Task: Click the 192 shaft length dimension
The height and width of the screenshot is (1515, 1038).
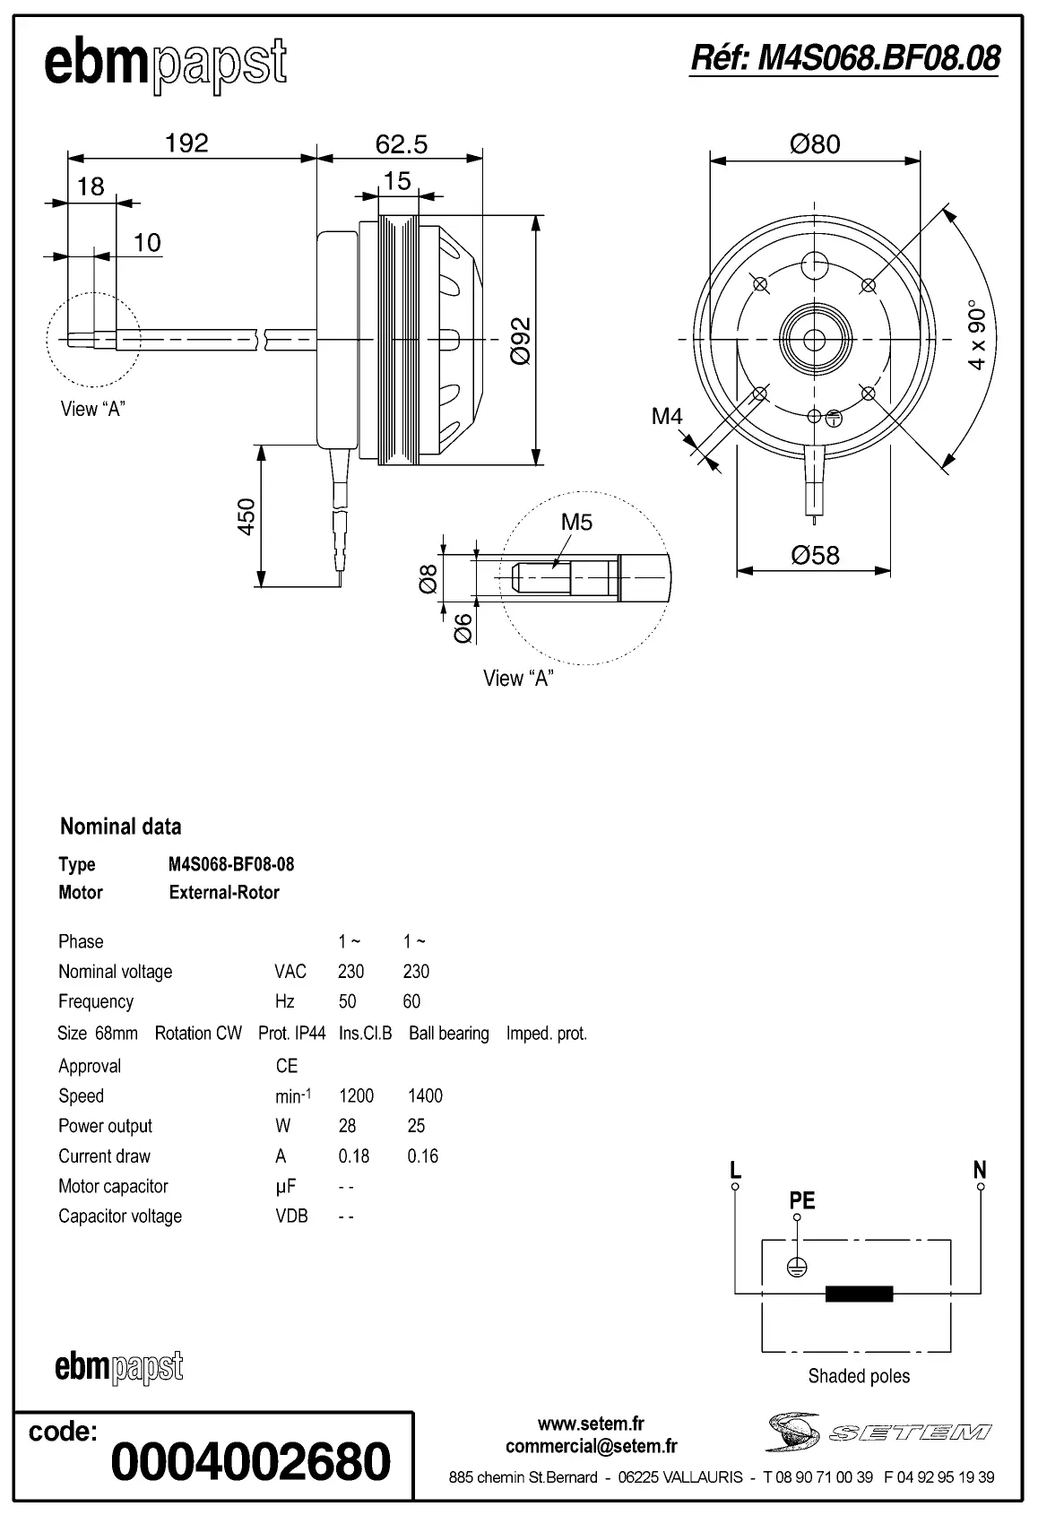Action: [x=186, y=143]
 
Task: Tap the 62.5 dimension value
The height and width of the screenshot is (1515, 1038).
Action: [x=401, y=143]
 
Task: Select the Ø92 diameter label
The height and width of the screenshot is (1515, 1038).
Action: [x=521, y=341]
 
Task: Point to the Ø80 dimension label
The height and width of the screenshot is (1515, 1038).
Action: [x=815, y=143]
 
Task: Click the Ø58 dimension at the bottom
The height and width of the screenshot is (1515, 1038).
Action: [x=815, y=555]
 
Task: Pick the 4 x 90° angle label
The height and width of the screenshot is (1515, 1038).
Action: [x=977, y=339]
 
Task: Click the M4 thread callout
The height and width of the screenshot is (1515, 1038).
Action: [x=667, y=416]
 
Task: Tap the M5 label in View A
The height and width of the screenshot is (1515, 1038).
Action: [x=576, y=522]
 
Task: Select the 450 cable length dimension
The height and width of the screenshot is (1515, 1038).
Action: [x=246, y=516]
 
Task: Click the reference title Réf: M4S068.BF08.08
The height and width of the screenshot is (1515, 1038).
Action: [x=844, y=58]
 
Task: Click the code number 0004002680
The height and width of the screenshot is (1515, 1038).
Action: [x=251, y=1461]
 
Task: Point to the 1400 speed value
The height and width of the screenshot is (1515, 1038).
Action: [x=425, y=1095]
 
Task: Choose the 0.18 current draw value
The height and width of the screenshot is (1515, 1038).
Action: [x=354, y=1156]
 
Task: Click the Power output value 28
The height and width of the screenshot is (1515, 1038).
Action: [x=347, y=1125]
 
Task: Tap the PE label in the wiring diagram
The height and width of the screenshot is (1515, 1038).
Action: [x=801, y=1199]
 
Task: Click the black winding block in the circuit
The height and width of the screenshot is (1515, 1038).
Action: [x=859, y=1293]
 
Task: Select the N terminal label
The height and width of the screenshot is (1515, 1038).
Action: [x=980, y=1169]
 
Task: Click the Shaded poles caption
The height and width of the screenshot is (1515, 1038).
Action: [x=858, y=1375]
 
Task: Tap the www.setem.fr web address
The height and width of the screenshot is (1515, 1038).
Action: [x=591, y=1424]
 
